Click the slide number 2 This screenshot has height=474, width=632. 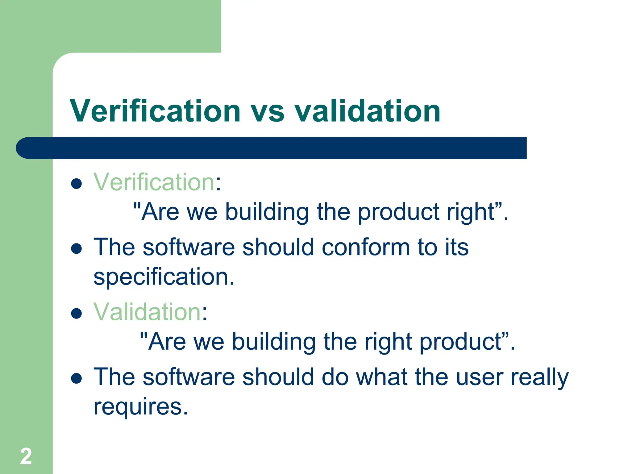click(x=26, y=456)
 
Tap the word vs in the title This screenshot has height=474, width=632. click(x=267, y=112)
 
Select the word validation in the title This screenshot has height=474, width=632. click(x=367, y=111)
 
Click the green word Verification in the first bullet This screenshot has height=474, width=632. click(x=154, y=182)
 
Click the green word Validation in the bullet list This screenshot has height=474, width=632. click(x=147, y=312)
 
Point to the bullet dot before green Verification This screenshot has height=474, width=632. click(x=76, y=184)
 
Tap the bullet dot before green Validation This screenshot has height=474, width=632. click(x=76, y=314)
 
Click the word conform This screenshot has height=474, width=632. click(x=365, y=247)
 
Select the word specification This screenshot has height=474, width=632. click(x=164, y=277)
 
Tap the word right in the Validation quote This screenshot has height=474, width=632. click(x=388, y=342)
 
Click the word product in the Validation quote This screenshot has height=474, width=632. click(x=461, y=342)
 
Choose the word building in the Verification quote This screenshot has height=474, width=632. click(x=267, y=212)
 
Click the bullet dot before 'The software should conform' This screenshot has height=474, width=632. click(x=76, y=249)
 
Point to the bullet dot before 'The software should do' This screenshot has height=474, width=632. click(x=76, y=378)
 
